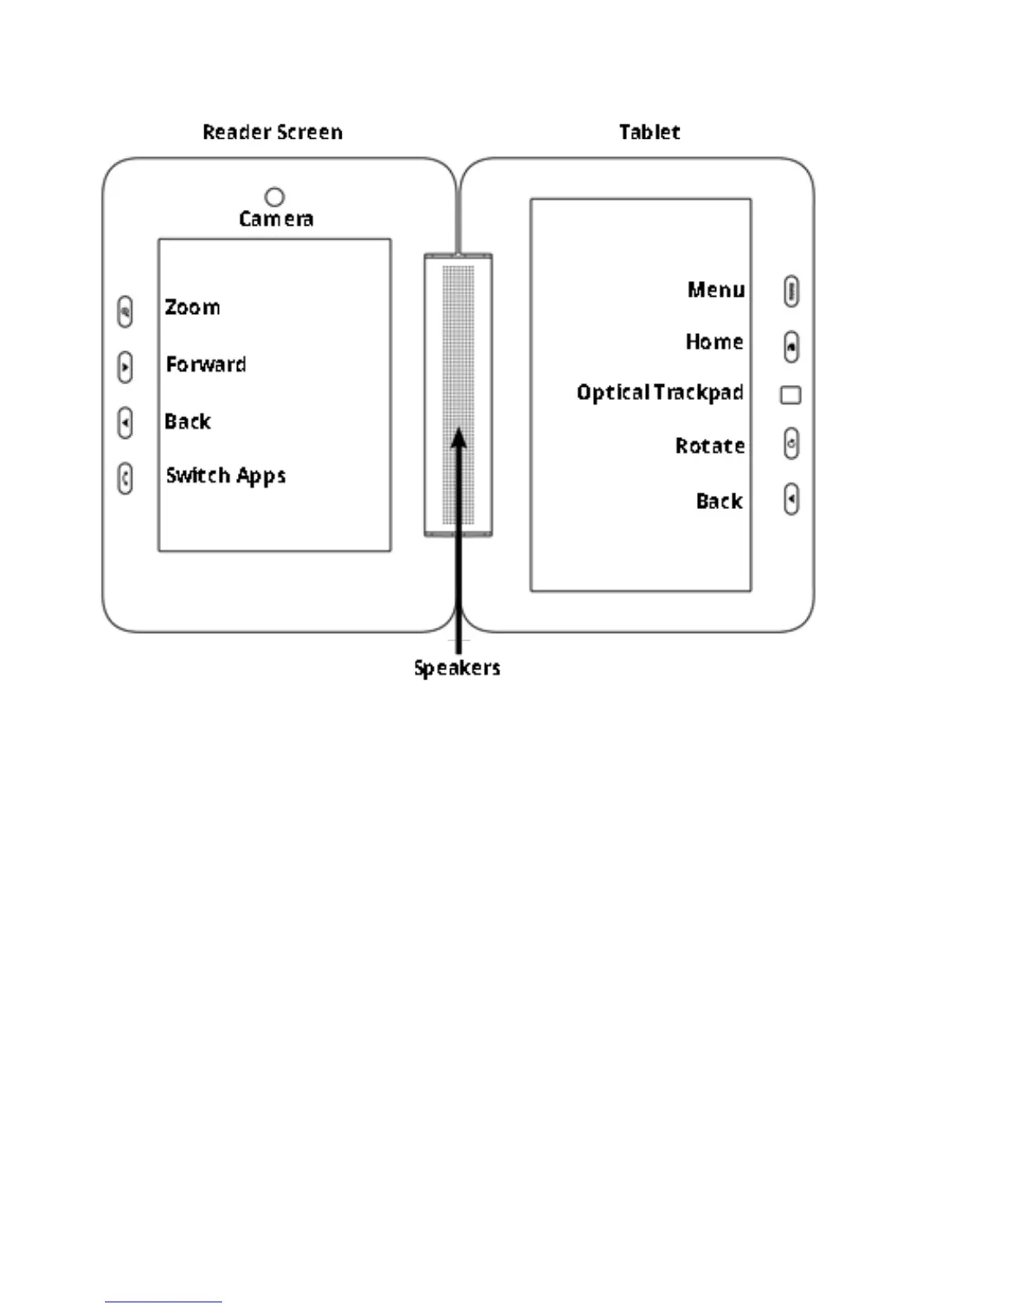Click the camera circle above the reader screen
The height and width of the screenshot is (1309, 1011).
tap(274, 197)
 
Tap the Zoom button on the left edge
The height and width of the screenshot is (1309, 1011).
tap(125, 312)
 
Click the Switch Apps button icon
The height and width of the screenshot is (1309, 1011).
tap(125, 478)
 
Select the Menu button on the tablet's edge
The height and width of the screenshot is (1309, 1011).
tap(790, 291)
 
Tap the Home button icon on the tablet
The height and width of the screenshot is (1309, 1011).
tap(790, 346)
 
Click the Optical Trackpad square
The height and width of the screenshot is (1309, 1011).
tap(790, 395)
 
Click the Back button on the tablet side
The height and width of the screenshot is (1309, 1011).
tap(790, 499)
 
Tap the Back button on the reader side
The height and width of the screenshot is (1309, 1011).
tap(125, 422)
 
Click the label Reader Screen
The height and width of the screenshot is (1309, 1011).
tap(273, 132)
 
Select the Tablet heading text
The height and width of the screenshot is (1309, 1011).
tap(649, 132)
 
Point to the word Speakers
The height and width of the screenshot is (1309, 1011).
tap(457, 668)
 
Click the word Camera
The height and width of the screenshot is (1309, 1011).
tap(276, 219)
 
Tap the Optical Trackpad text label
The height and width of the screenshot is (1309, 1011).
tap(660, 393)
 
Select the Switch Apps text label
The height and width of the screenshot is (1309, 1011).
tap(225, 476)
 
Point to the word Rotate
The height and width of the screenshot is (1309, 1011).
tap(710, 446)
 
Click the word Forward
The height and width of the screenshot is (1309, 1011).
tap(206, 364)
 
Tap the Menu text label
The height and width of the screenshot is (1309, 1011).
tap(715, 290)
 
